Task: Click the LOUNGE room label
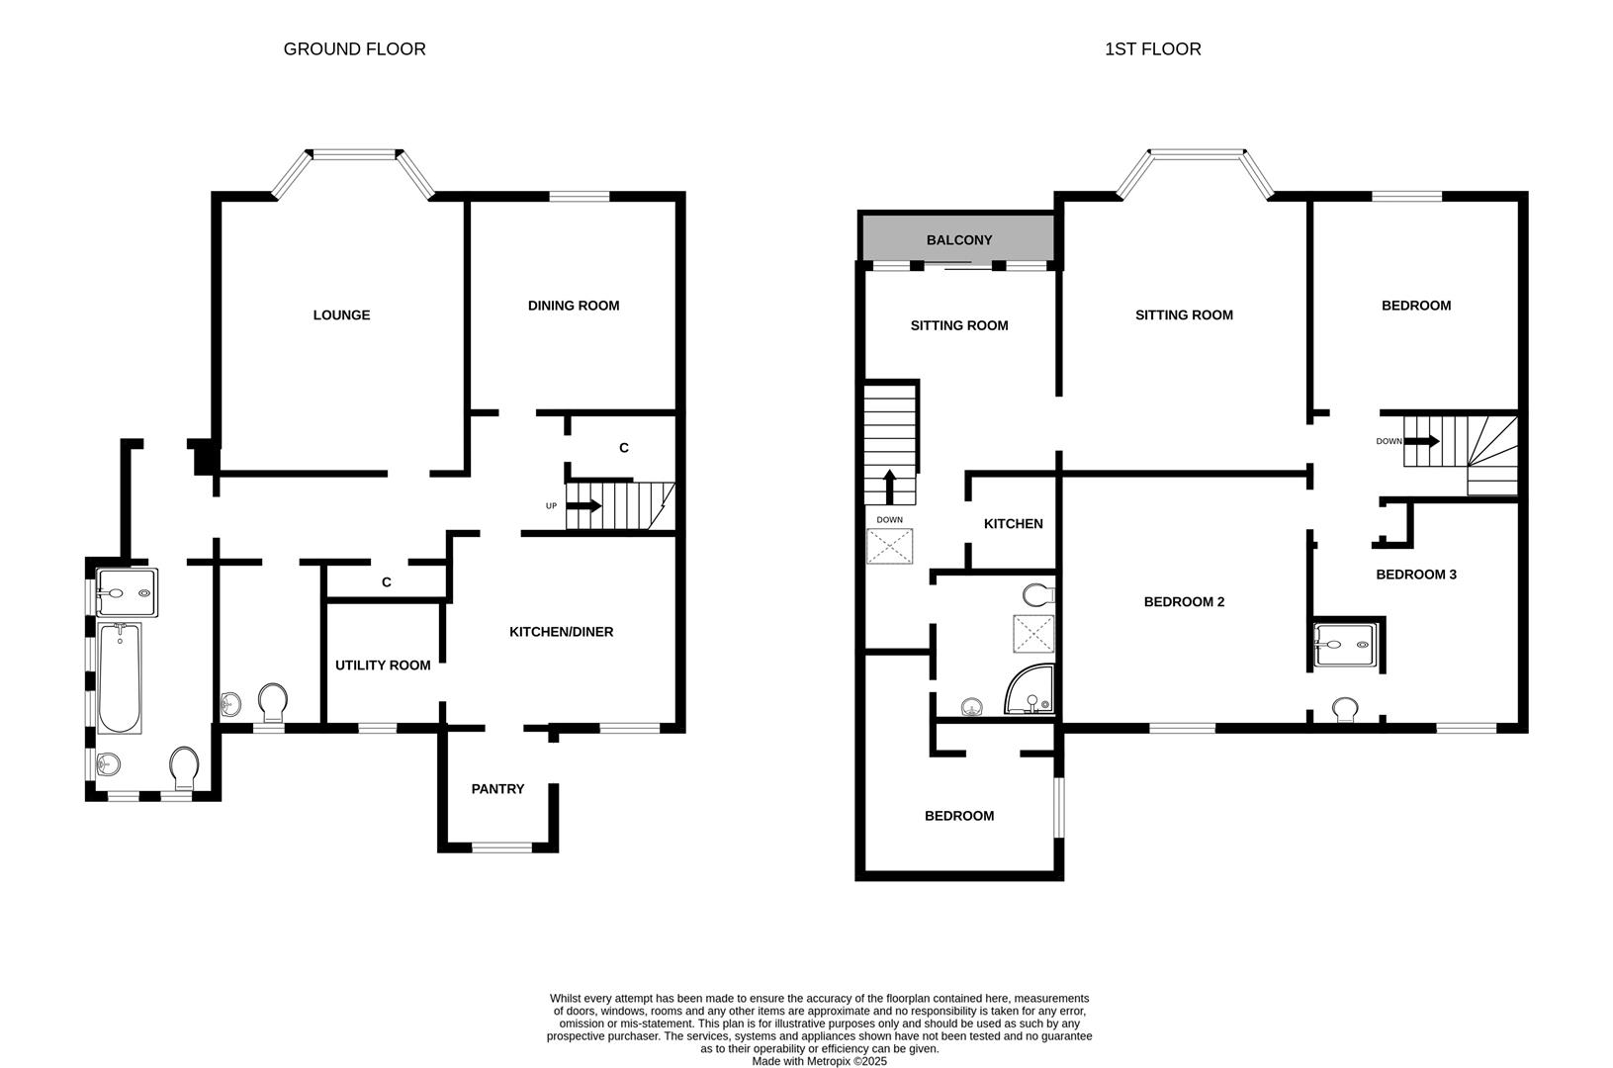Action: click(x=341, y=315)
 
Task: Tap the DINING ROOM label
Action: click(x=574, y=306)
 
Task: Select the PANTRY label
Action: click(x=497, y=789)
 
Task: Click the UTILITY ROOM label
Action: click(x=383, y=666)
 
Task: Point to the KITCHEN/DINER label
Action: click(x=561, y=632)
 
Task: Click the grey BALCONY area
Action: click(x=957, y=240)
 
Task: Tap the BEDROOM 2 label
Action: click(x=1184, y=601)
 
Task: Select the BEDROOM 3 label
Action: click(x=1416, y=575)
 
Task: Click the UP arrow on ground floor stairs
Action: click(x=584, y=506)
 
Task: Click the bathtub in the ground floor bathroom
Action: click(x=120, y=677)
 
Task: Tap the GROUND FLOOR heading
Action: click(x=354, y=49)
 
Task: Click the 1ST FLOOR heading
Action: click(x=1152, y=49)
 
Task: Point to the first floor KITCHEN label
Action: click(x=1013, y=524)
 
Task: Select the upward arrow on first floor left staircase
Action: click(x=889, y=486)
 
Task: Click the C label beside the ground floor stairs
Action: click(x=623, y=448)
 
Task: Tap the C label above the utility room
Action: click(x=387, y=582)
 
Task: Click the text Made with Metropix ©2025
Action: click(x=819, y=1061)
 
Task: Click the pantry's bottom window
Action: click(x=500, y=846)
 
